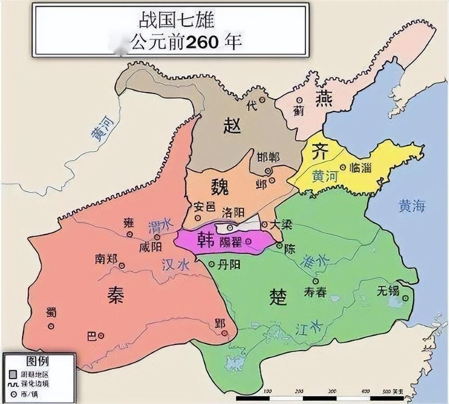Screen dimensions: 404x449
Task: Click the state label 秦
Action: click(x=116, y=294)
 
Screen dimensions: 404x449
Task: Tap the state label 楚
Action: click(x=278, y=297)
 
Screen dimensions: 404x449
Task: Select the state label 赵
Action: click(x=232, y=126)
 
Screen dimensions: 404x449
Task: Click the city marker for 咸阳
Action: click(x=157, y=237)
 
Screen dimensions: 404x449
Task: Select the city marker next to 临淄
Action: click(x=343, y=167)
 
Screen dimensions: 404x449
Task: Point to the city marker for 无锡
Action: click(x=406, y=298)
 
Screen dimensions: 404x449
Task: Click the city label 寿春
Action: click(x=314, y=292)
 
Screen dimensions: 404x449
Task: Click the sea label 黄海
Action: click(x=412, y=206)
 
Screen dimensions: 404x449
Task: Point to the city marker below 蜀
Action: click(x=51, y=326)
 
